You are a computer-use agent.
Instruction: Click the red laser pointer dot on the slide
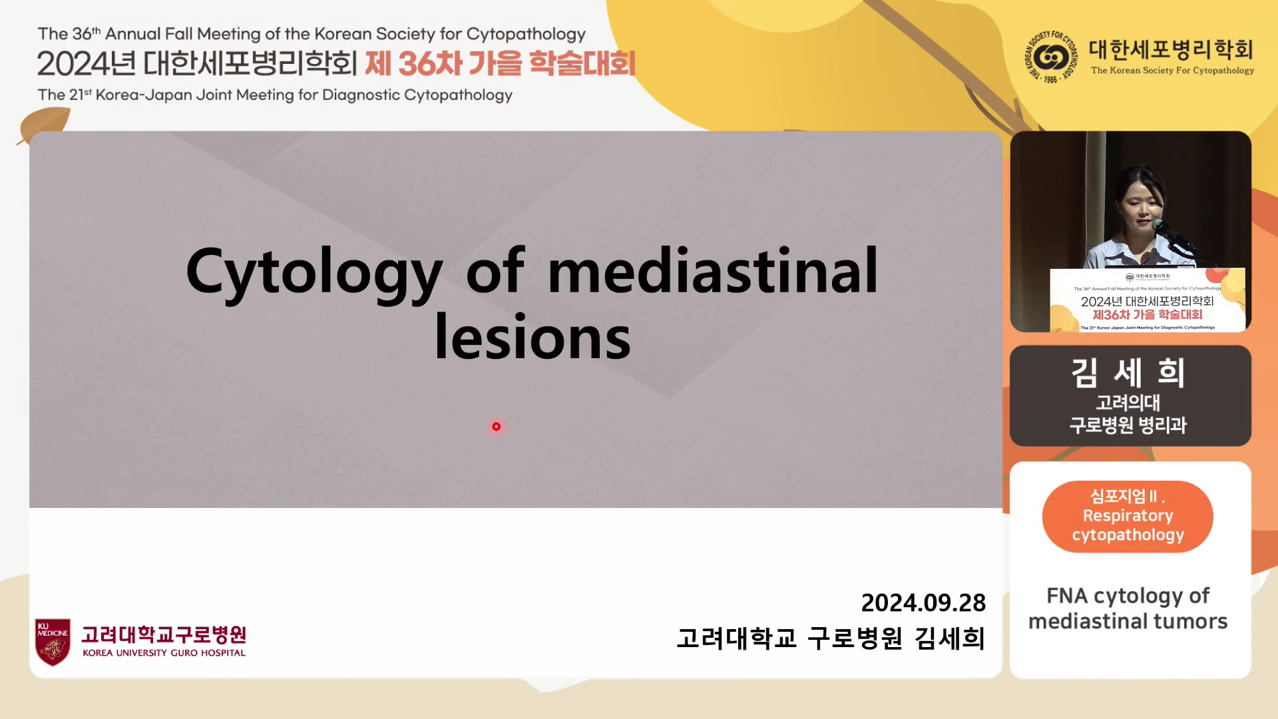[496, 427]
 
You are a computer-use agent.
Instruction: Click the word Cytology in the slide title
[314, 273]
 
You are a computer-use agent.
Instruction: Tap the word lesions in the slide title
[532, 337]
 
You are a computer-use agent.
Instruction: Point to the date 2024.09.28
[923, 602]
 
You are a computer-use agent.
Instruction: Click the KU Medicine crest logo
[53, 642]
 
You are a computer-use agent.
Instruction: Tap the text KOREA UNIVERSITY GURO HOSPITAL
[164, 653]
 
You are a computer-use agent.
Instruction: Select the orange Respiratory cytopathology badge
[1128, 516]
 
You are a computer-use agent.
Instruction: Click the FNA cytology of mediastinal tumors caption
[1128, 608]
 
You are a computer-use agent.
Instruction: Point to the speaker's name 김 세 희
[1128, 372]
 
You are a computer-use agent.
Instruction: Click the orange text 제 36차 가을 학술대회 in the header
[500, 63]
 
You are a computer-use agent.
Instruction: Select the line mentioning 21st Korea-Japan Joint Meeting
[275, 95]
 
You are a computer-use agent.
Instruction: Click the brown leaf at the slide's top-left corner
[44, 124]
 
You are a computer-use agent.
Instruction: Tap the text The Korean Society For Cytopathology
[1172, 71]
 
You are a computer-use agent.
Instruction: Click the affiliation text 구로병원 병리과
[1128, 425]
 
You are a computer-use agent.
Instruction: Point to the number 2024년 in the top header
[87, 63]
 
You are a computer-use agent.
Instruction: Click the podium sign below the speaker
[1148, 300]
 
